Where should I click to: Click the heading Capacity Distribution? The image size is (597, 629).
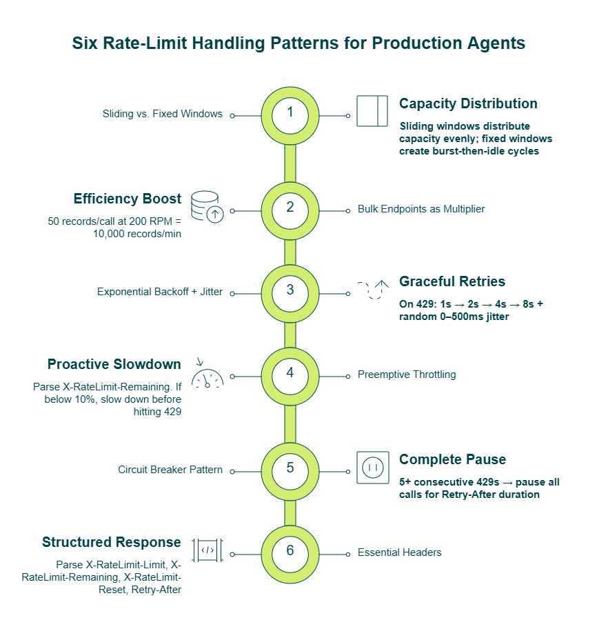[468, 103]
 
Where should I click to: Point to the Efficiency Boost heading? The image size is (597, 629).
[127, 199]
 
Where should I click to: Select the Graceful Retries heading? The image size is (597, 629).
[452, 281]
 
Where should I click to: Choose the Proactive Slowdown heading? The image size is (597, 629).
[114, 364]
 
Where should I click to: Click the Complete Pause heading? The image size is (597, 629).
[452, 459]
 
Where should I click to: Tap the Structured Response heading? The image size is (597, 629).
[112, 542]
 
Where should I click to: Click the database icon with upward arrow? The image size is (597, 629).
[208, 207]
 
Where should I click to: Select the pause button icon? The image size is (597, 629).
[373, 468]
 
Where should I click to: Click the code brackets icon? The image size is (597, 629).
[208, 550]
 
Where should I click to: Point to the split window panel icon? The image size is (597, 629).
[372, 111]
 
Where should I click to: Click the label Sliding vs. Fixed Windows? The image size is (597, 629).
[163, 114]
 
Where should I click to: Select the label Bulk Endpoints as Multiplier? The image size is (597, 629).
[421, 209]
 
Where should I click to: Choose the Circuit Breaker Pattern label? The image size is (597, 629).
[170, 470]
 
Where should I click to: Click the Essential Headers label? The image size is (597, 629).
[399, 552]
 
